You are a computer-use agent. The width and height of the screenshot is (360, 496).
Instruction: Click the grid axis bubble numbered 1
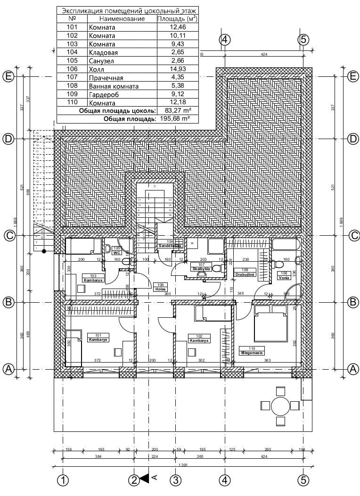coord(63,480)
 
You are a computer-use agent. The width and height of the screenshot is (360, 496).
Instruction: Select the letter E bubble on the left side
coord(8,76)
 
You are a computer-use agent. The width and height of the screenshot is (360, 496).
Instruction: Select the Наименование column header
coord(122,19)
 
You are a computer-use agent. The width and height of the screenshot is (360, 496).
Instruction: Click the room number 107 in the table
coord(72,78)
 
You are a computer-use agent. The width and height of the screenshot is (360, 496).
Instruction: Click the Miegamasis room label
coord(251,352)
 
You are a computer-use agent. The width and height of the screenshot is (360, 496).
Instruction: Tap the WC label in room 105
coord(117,253)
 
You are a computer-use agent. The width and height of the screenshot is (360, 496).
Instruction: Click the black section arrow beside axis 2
coord(145,479)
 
